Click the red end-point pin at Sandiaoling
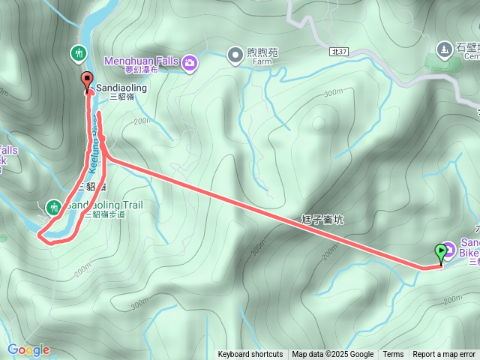tap(86, 81)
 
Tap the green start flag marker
tap(440, 252)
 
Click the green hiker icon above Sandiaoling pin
tap(79, 53)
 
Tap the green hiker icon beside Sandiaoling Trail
tap(54, 206)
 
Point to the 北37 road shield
tap(338, 50)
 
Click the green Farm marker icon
tap(235, 54)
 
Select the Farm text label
tap(262, 64)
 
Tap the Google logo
tap(28, 349)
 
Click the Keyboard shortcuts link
tap(250, 355)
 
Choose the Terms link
tap(393, 355)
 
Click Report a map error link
tap(444, 355)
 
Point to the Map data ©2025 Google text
tap(333, 355)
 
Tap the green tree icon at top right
tap(443, 50)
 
